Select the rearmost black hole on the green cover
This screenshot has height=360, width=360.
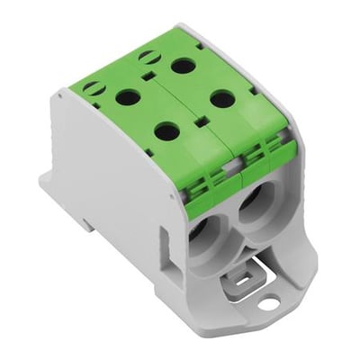(183, 66)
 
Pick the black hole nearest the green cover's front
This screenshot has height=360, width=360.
(166, 131)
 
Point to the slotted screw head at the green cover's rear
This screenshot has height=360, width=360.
(145, 57)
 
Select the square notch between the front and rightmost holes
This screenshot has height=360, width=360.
(194, 118)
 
